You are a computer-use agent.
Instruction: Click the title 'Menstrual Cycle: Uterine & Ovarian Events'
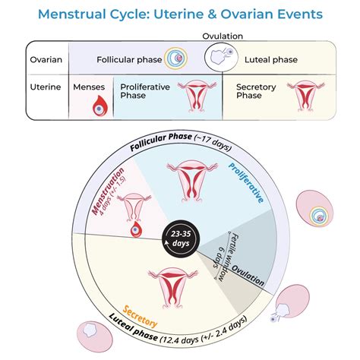(180, 14)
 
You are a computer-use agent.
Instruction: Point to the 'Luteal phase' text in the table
(271, 58)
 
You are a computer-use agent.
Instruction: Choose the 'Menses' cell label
(90, 86)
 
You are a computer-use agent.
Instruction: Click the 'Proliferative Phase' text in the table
(144, 91)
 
